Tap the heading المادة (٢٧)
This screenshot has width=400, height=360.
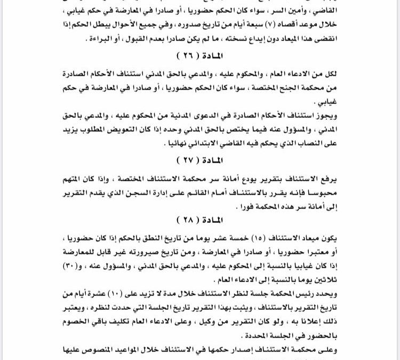point(200,159)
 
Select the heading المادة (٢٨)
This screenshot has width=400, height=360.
point(200,219)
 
